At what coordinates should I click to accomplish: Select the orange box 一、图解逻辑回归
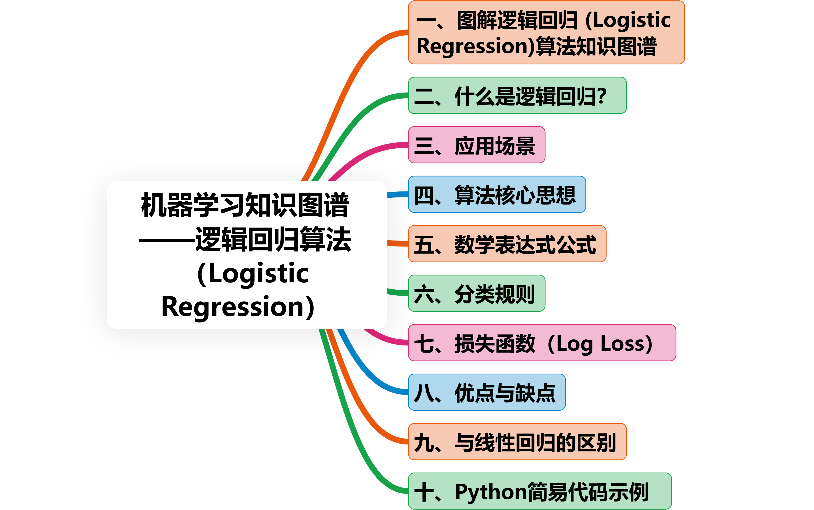(x=546, y=32)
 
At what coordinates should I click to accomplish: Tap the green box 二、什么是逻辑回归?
(x=517, y=95)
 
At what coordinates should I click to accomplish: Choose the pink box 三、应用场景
(x=476, y=145)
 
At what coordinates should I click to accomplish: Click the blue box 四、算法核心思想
(x=497, y=195)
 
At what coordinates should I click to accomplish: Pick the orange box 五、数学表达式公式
(x=507, y=244)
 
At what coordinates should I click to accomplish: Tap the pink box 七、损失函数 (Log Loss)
(x=542, y=343)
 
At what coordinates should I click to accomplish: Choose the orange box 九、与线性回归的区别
(x=517, y=442)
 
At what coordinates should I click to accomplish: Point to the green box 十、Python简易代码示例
(x=540, y=491)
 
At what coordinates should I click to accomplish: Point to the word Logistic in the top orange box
(x=632, y=20)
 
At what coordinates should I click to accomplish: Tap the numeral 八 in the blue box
(x=423, y=393)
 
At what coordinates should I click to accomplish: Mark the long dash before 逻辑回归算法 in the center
(x=167, y=241)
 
